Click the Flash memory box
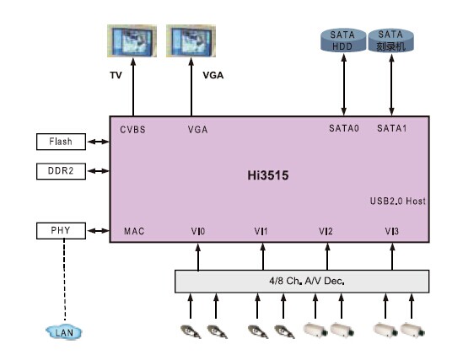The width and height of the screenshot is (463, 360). pos(61,142)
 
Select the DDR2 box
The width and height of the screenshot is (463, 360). pos(61,171)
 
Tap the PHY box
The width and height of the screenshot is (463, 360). pos(61,230)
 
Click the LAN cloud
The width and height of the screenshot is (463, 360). pos(64,332)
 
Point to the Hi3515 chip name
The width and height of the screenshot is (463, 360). pos(268,175)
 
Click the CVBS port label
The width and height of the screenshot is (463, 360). pos(133,130)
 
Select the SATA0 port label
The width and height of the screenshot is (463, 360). pos(344,128)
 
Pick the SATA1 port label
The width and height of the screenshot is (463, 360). pos(392,128)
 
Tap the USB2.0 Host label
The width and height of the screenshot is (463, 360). pos(398,201)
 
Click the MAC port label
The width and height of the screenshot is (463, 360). pos(134,231)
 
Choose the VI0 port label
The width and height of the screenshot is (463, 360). pos(198,231)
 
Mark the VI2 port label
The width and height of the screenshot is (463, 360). pos(326,231)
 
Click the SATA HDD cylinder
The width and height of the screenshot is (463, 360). pos(343,40)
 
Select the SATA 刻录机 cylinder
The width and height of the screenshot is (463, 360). pos(390,40)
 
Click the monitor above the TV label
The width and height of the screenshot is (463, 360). pos(132,41)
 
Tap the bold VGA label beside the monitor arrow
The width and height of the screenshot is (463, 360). pos(213,75)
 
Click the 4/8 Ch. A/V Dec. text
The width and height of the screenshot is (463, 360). pos(307,281)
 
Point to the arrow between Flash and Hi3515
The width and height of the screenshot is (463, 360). pos(99,142)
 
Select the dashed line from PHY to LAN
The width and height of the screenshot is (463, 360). pos(65,279)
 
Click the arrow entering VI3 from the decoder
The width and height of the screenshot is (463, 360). pos(392,256)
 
